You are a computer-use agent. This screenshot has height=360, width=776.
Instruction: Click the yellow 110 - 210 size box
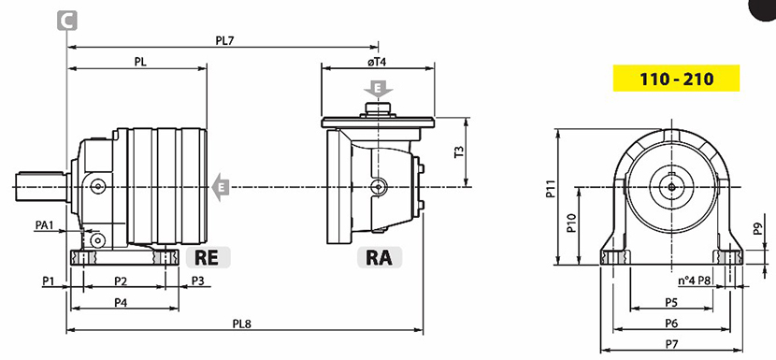[x=676, y=79]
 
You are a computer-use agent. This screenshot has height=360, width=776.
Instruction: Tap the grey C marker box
[x=66, y=21]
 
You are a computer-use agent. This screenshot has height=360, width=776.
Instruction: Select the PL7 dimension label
[x=224, y=40]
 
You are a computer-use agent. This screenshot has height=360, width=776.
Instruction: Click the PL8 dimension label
[x=242, y=324]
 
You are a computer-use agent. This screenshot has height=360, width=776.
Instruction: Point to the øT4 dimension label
[x=377, y=63]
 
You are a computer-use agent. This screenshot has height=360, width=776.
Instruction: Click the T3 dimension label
[x=459, y=152]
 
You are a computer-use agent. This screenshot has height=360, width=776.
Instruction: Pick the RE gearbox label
[x=208, y=257]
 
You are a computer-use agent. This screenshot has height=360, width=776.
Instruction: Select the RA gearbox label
[x=379, y=257]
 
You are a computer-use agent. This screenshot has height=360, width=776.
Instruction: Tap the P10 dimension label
[x=570, y=223]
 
